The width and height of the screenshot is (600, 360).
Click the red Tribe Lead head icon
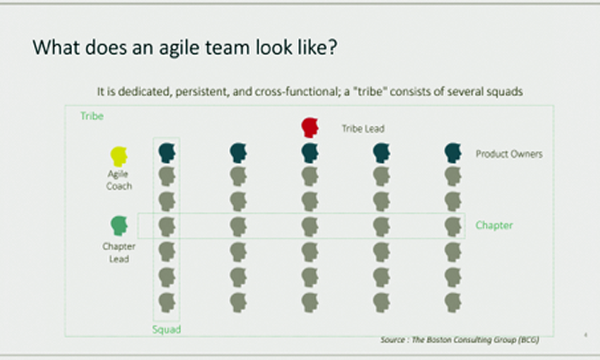(x=310, y=128)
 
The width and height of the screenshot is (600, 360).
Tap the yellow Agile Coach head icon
(x=118, y=157)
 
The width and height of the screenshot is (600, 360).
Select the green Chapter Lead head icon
(x=118, y=225)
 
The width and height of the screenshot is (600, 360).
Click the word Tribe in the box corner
(x=92, y=116)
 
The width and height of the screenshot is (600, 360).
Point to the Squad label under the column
(x=166, y=329)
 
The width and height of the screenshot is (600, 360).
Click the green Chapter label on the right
(x=494, y=225)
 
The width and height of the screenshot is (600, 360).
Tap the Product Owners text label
(x=509, y=153)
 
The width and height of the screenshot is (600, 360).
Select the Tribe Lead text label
(x=363, y=129)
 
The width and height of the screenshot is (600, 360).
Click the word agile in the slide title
(x=179, y=47)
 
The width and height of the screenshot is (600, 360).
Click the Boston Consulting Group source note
(x=459, y=339)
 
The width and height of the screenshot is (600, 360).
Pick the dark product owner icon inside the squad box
(x=167, y=153)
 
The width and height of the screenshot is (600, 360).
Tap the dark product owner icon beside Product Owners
(x=453, y=153)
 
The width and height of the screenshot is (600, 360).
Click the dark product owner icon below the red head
(x=310, y=153)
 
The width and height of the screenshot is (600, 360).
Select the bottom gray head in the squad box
(x=167, y=303)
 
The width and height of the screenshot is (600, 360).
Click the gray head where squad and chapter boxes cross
(x=167, y=227)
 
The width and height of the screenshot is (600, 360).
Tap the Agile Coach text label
(x=119, y=180)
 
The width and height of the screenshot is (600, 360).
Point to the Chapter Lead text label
(x=119, y=253)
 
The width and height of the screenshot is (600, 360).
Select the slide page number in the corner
(x=585, y=335)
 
